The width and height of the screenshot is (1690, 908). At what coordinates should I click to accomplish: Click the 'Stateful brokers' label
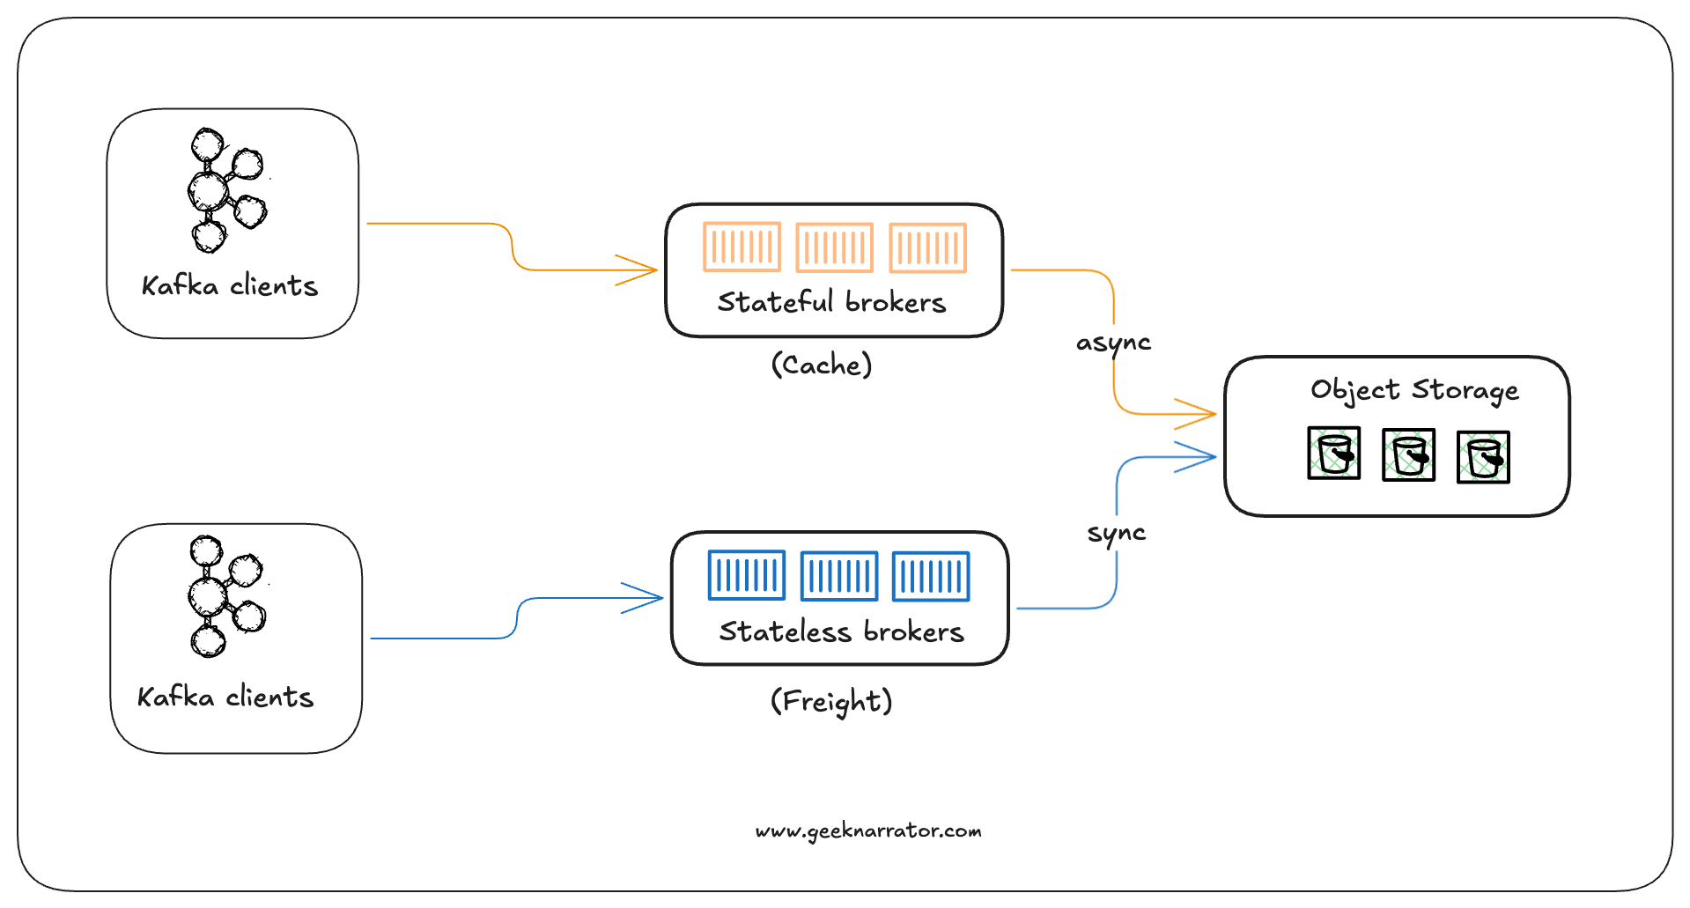831,302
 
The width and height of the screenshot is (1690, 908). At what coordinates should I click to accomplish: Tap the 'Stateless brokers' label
841,631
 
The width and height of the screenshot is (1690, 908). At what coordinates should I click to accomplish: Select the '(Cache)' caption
822,365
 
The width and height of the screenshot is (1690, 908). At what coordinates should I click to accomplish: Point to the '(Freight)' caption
831,701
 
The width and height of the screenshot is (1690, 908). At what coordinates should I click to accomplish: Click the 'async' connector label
1113,343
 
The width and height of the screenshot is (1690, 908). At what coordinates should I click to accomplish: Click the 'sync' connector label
1116,533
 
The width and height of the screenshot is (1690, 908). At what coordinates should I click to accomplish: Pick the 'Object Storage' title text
1414,389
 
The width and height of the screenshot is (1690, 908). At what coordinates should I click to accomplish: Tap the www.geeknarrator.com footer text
868,830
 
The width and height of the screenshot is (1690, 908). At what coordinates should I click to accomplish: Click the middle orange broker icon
834,247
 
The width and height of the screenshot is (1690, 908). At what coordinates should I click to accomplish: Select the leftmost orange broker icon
742,247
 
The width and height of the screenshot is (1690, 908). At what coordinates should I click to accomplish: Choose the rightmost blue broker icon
931,576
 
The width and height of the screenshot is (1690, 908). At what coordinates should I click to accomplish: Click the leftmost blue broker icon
746,575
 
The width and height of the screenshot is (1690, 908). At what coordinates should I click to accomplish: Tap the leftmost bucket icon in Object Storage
1333,453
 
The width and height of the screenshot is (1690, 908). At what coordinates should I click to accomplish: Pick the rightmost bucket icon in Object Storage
1483,457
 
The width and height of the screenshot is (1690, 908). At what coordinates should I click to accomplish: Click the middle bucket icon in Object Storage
1408,454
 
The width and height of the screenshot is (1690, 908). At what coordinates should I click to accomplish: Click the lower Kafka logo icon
225,596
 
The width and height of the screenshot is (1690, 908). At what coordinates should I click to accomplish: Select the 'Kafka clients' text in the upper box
230,286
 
